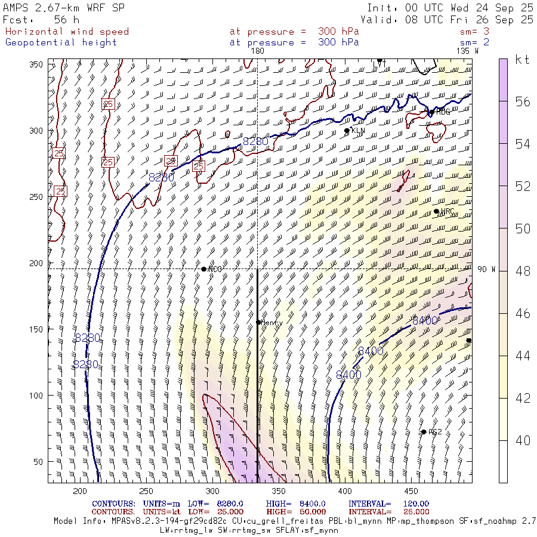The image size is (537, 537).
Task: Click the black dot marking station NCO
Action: (x=204, y=269)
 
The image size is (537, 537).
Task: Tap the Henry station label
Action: (x=271, y=322)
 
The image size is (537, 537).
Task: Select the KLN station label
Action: (x=358, y=130)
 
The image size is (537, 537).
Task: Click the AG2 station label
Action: (x=435, y=432)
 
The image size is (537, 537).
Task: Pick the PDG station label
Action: (x=443, y=112)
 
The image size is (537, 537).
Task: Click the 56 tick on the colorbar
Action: (x=523, y=102)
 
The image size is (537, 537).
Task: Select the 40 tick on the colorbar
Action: (x=523, y=440)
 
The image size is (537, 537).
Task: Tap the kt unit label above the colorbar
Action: (x=523, y=60)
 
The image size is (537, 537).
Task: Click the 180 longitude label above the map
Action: (x=257, y=51)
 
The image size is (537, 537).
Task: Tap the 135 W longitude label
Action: (x=467, y=51)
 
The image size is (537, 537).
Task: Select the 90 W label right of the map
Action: (x=486, y=269)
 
